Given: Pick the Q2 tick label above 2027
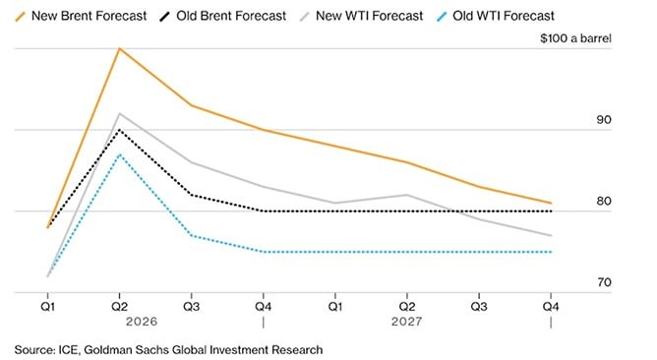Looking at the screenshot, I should (x=408, y=304).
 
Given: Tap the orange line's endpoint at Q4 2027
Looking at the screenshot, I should (x=551, y=204).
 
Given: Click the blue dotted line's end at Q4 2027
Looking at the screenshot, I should (x=551, y=252).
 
